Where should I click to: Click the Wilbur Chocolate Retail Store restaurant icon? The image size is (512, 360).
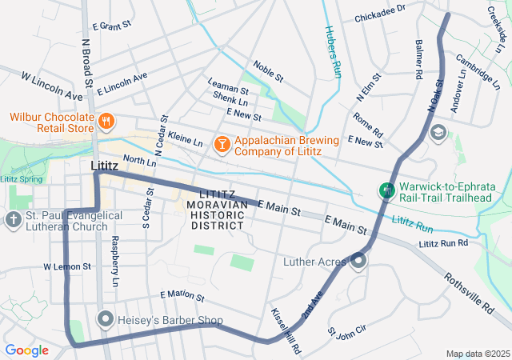coord(106,122)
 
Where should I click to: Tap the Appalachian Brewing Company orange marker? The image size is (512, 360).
coord(221,144)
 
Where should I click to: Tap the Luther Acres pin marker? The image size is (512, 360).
coord(358,261)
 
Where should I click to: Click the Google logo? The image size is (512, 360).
coord(26,350)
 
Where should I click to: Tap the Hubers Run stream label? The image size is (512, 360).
coord(333,51)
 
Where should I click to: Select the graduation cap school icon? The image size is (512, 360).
coord(438,131)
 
